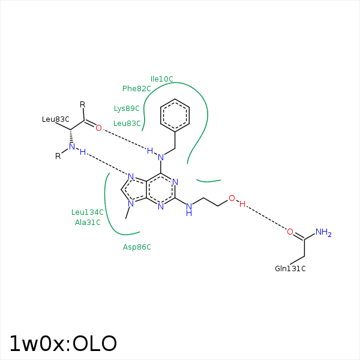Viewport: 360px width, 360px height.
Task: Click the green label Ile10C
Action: coord(161,79)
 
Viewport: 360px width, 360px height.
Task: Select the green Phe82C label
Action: coord(136,89)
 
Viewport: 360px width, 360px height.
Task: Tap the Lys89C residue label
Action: coord(127,109)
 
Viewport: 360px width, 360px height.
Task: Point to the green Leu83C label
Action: coord(127,124)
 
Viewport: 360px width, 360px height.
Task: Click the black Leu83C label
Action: coord(56,119)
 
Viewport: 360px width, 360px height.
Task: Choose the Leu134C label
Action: coord(88,212)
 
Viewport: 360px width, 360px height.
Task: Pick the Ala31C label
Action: coord(88,222)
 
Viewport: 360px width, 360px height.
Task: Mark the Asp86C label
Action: coord(137,247)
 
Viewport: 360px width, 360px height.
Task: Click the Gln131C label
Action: coord(290,269)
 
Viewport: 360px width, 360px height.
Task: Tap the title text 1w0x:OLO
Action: coord(63,344)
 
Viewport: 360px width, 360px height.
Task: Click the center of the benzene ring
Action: coord(175,115)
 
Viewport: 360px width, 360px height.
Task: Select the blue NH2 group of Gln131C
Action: coord(323,232)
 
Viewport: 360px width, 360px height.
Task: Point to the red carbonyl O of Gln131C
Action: coord(290,232)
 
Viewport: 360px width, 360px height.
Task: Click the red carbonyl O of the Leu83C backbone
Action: coord(99,128)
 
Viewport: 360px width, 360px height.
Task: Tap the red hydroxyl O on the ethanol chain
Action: coord(232,198)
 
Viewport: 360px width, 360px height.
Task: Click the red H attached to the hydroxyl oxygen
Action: coord(242,204)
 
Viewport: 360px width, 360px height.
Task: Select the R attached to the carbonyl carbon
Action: coord(83,104)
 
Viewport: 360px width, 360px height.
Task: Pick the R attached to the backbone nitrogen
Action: coord(58,156)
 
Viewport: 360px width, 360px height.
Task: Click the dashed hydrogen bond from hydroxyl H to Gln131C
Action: coord(266,218)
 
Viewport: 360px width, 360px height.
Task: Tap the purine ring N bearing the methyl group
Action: coord(131,203)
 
